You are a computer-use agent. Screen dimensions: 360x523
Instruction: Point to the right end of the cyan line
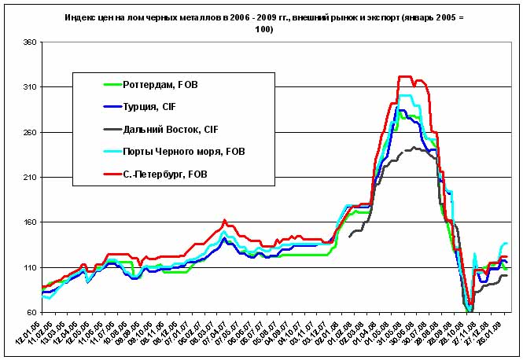pyautogui.click(x=506, y=244)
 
